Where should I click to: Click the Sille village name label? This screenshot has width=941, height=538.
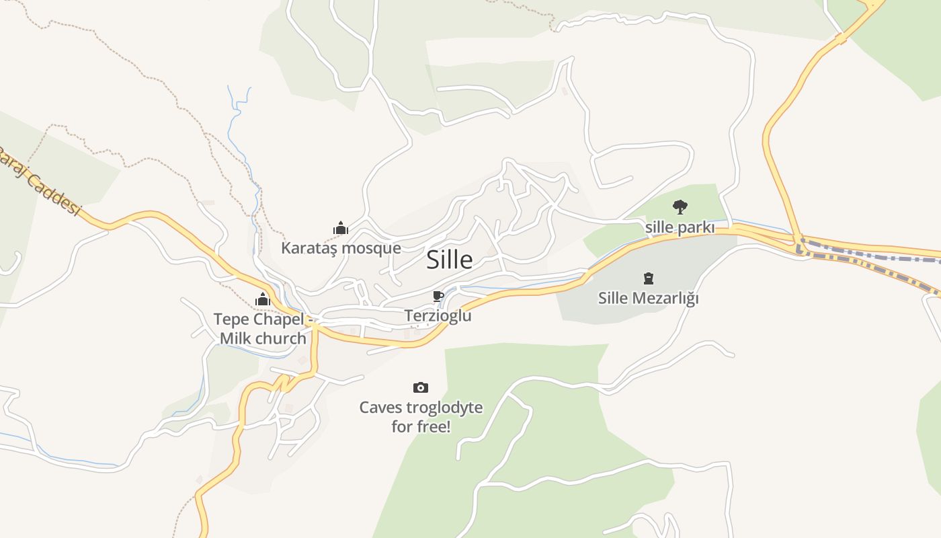(449, 260)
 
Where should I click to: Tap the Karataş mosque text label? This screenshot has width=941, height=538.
(341, 248)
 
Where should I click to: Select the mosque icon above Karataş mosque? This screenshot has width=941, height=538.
(341, 228)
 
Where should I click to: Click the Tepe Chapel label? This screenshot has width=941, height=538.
(259, 319)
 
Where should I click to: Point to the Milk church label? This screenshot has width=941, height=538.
(263, 338)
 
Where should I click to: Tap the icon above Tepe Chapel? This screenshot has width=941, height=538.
(262, 299)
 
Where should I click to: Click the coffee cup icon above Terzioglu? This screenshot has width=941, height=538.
(438, 296)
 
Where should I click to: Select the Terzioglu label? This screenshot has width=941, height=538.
(438, 315)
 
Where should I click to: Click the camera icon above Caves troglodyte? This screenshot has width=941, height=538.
(421, 387)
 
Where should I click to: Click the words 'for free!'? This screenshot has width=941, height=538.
(421, 426)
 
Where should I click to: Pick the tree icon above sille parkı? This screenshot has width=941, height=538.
(680, 206)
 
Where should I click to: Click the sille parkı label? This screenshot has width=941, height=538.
(680, 227)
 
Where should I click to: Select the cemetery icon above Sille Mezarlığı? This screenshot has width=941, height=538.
(649, 278)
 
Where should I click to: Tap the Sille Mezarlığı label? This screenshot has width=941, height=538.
(649, 298)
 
